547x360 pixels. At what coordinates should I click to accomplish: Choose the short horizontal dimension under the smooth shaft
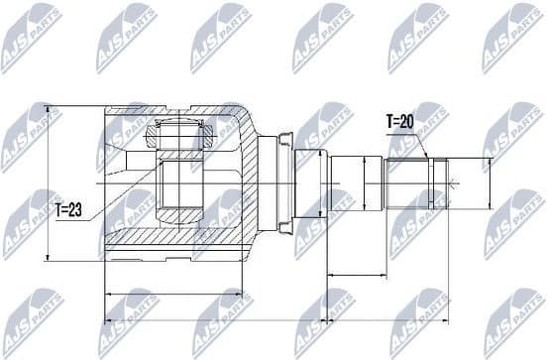point(357,275)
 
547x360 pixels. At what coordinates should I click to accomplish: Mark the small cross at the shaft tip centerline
point(451,182)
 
